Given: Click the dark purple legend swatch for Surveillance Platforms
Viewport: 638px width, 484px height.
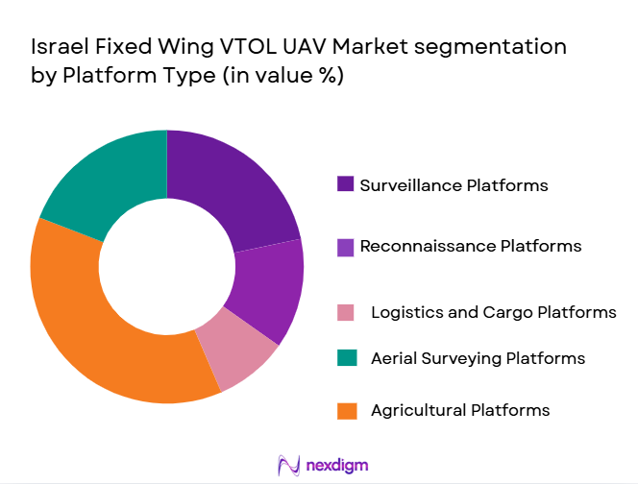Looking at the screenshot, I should [x=346, y=184].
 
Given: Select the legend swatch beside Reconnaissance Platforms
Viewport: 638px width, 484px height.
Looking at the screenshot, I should [x=346, y=247].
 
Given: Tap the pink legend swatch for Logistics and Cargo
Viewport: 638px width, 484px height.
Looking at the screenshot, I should [x=346, y=312].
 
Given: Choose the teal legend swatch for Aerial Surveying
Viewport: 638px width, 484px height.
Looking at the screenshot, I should [x=346, y=358].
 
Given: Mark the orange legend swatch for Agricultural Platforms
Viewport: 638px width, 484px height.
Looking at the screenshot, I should [x=346, y=410].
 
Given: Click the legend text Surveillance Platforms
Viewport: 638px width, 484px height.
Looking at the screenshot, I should [x=454, y=184].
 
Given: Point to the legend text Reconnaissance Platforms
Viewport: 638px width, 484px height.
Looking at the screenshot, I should [x=470, y=246].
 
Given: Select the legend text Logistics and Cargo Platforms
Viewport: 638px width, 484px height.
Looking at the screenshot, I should [x=493, y=312].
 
